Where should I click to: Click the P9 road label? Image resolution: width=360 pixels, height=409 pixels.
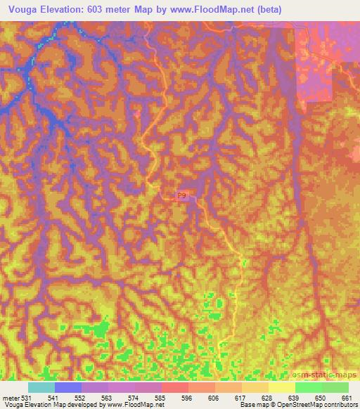pyautogui.click(x=182, y=196)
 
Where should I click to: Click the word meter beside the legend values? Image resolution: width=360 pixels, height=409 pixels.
pyautogui.click(x=11, y=398)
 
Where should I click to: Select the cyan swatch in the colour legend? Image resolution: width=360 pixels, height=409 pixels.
pyautogui.click(x=41, y=387)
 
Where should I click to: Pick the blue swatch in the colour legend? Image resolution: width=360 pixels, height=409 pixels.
pyautogui.click(x=68, y=387)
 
